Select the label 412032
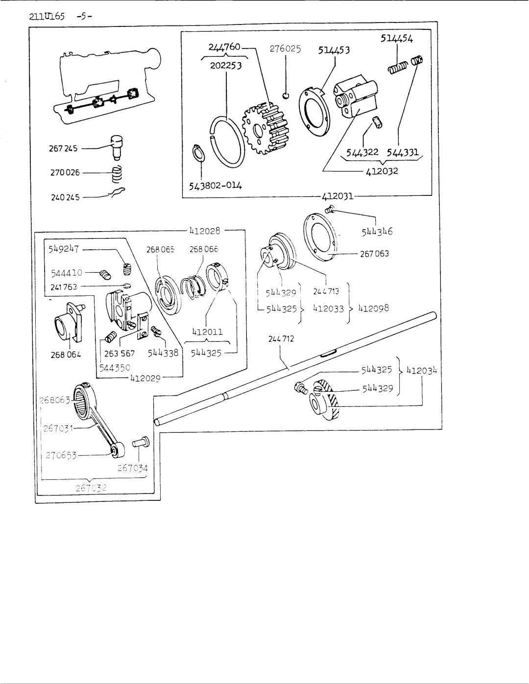point(382,171)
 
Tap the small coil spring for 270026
point(118,173)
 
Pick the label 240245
point(64,198)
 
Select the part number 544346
point(378,231)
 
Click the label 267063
point(375,254)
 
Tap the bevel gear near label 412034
point(324,399)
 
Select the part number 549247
point(64,248)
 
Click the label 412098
point(373,308)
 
